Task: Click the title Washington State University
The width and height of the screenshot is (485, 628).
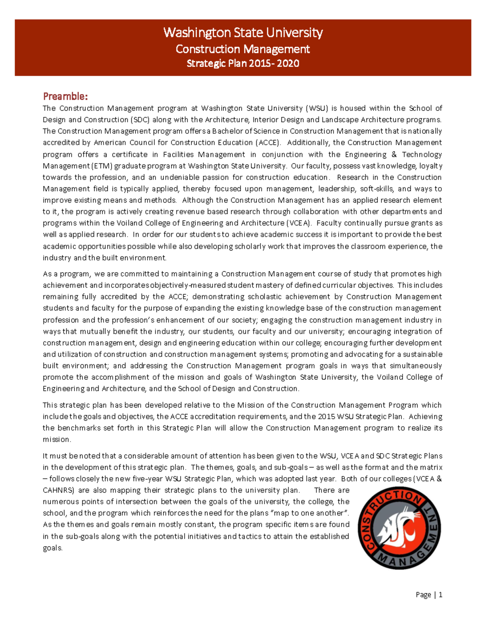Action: click(243, 32)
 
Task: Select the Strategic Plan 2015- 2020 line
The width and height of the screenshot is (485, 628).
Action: click(243, 63)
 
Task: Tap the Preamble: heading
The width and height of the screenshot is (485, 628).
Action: click(65, 96)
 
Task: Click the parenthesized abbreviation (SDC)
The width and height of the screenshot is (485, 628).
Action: click(141, 120)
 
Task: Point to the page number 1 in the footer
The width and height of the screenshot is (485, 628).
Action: click(440, 595)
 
